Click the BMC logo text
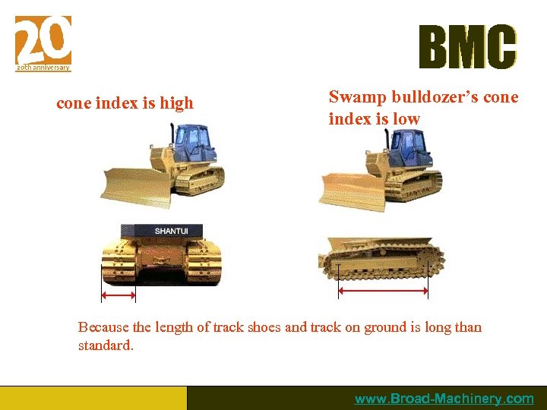point(467,47)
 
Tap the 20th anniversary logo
point(43,44)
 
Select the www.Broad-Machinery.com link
point(444,399)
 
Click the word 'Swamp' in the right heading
point(358,97)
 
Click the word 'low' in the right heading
point(406,119)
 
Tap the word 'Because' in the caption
point(103,328)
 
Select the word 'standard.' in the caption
point(106,345)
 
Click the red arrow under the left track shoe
point(119,295)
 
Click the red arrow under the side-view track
point(383,291)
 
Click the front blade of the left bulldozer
point(131,185)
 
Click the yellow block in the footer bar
point(93,398)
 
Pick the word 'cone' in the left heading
point(74,103)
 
